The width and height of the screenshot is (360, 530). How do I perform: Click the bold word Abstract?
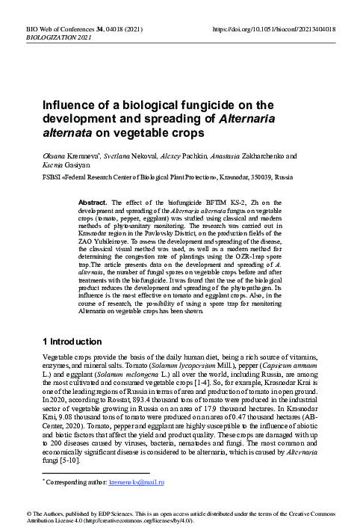(94, 203)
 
